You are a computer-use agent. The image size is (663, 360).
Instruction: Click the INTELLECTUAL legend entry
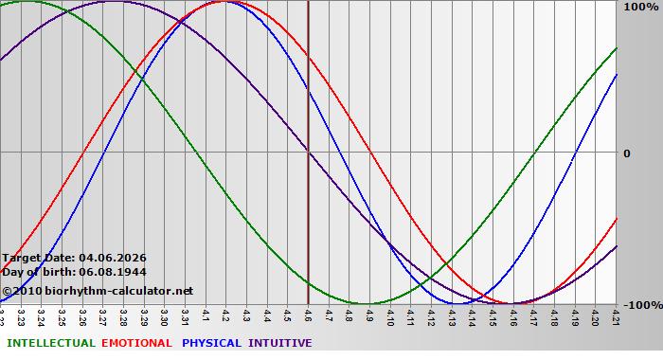[51, 343]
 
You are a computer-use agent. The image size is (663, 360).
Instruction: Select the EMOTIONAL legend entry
[136, 343]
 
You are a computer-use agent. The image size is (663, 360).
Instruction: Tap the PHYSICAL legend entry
[212, 343]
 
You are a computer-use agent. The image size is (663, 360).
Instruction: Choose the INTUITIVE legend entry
[279, 343]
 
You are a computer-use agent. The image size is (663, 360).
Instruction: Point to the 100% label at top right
[640, 8]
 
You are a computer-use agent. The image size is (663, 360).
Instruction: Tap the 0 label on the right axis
[626, 153]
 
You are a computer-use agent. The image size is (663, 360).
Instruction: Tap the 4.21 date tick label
[617, 314]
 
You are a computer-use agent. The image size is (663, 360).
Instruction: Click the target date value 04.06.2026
[113, 258]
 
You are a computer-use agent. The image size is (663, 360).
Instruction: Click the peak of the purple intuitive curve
[112, 1]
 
